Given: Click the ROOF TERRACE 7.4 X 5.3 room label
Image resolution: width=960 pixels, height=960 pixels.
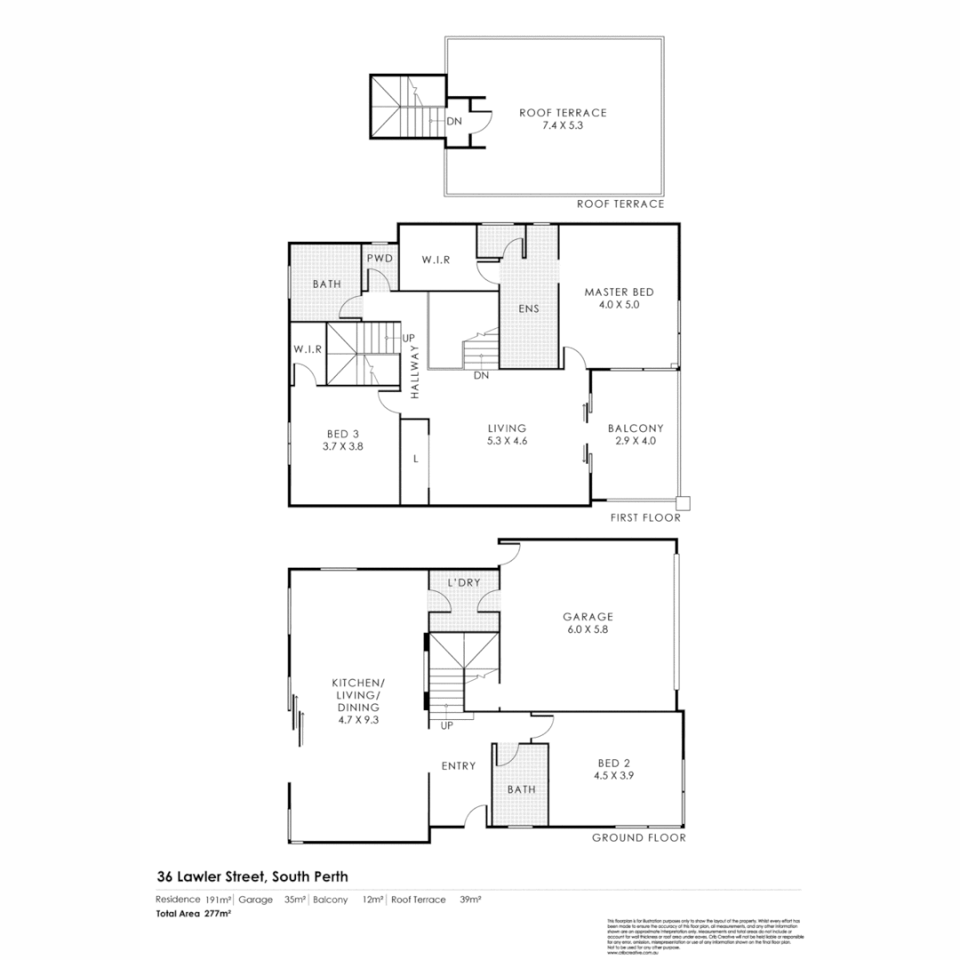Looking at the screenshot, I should point(563,119).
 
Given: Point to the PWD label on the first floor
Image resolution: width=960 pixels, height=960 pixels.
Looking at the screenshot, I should point(380,258).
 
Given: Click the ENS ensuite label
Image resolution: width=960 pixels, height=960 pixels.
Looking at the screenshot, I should point(530,309).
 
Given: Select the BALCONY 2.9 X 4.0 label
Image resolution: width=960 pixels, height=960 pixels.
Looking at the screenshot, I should point(636,434).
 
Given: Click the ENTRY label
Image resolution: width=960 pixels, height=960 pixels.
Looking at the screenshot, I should point(459,765).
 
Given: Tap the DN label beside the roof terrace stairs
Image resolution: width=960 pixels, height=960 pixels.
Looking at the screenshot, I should point(453,122).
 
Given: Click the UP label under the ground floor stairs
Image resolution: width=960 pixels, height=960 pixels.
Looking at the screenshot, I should point(446,725).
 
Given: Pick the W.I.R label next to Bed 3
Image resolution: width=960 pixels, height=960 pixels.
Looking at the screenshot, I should point(306,348).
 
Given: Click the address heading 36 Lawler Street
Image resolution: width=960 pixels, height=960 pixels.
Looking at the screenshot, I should point(252,876).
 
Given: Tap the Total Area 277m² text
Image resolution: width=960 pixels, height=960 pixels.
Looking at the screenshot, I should point(194,913).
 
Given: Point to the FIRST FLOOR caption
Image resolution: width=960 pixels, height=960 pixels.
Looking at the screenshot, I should point(644,517).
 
